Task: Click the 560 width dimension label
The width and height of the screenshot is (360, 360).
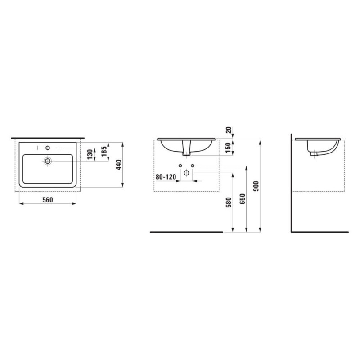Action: [x=48, y=200]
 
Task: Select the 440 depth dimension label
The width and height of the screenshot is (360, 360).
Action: [x=118, y=165]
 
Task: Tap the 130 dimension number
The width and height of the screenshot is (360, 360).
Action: [x=90, y=154]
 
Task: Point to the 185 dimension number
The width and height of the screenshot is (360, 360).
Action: [x=104, y=151]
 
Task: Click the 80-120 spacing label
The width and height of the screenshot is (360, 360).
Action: [x=166, y=177]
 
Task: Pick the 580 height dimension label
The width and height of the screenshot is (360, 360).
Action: [x=229, y=202]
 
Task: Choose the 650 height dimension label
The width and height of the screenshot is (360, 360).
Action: [x=242, y=199]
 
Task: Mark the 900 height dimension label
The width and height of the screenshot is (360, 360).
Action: [x=256, y=186]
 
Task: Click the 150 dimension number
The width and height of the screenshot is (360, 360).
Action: [x=228, y=148]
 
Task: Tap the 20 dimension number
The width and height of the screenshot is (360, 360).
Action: [x=229, y=130]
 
